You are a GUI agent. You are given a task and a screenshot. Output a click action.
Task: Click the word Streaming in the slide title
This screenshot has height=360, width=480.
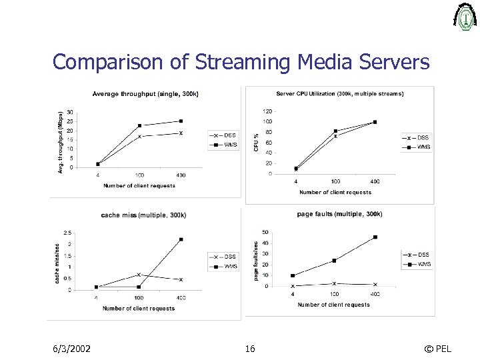point(241,63)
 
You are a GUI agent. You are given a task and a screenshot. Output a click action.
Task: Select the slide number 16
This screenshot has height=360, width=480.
point(250,349)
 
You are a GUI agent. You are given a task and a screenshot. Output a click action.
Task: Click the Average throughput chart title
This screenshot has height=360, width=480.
point(145,94)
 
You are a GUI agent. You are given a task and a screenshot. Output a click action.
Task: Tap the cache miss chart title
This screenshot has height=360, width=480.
point(143,215)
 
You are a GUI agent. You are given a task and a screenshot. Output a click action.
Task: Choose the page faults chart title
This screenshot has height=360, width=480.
point(339,214)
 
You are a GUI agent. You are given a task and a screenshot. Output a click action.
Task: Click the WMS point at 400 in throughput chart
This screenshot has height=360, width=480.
point(181,121)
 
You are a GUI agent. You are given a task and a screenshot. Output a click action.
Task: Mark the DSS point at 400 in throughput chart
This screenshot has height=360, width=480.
point(181,133)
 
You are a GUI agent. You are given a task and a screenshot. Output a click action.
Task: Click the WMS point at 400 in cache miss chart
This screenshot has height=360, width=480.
point(181,239)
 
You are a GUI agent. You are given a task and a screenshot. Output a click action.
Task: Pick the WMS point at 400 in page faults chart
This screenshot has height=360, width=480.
point(375,237)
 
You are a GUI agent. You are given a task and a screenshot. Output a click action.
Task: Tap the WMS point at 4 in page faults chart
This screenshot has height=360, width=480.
point(293,275)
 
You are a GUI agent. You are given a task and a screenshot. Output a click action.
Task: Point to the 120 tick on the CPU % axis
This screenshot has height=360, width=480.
point(267,111)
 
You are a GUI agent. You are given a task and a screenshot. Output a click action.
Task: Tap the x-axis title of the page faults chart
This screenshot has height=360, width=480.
point(333,305)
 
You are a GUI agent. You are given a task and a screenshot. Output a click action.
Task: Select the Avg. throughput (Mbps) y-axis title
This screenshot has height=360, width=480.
point(61,143)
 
